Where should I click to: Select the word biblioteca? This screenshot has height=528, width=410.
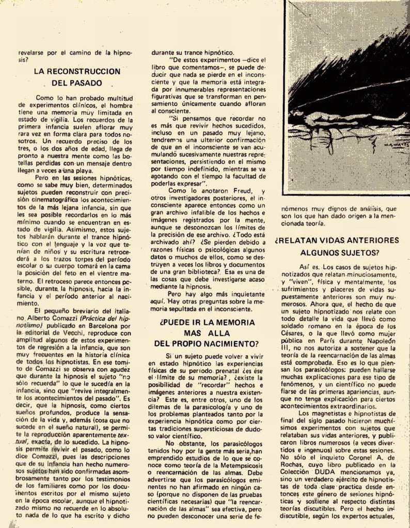pyautogui.click(x=204, y=271)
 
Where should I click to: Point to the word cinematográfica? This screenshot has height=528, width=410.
pyautogui.click(x=53, y=200)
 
